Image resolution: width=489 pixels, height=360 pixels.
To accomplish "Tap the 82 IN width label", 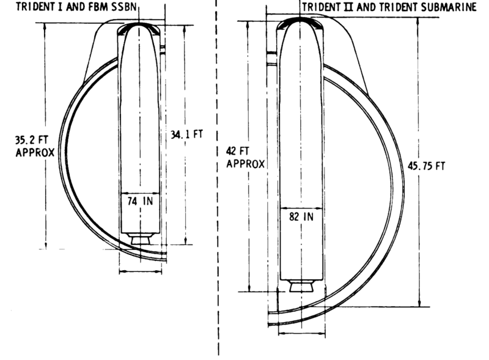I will click(301, 216).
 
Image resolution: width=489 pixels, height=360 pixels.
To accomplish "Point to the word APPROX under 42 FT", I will click(245, 164).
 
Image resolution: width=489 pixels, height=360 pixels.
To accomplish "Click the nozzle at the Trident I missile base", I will click(141, 240).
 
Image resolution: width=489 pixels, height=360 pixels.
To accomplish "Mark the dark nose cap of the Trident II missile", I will click(301, 23).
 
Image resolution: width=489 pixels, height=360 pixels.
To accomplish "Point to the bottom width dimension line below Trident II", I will click(301, 334).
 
